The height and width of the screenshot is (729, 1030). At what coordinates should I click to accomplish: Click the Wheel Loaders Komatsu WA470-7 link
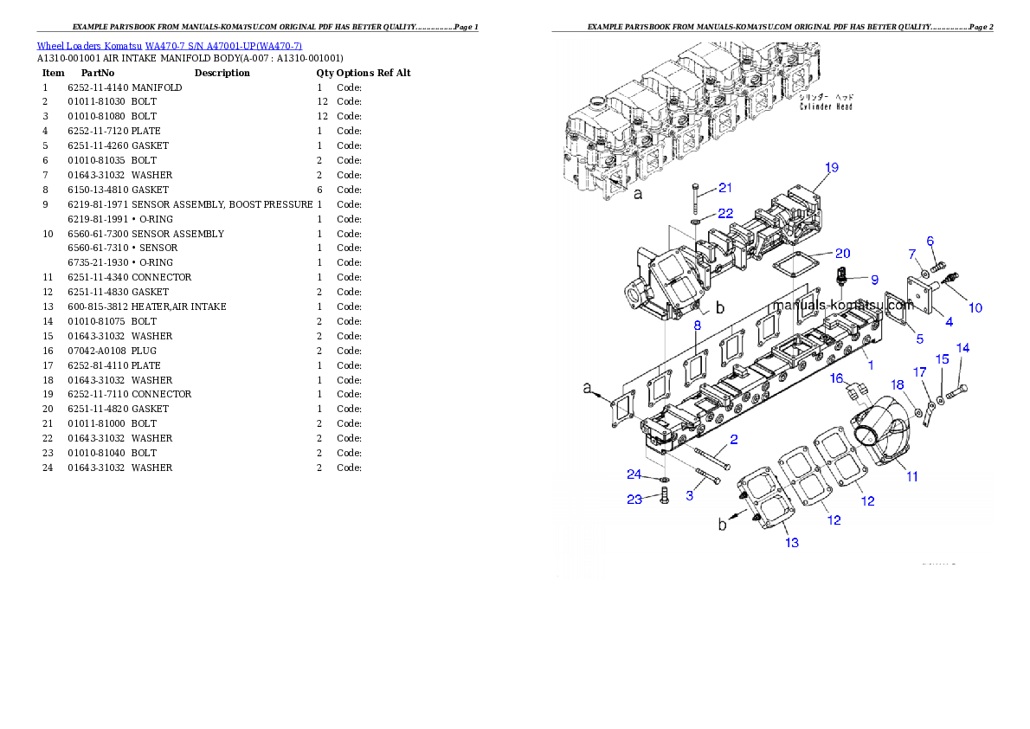pos(169,46)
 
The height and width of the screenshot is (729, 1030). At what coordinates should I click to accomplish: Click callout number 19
pos(831,167)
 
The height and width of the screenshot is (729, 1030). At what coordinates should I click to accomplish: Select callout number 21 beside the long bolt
pos(725,188)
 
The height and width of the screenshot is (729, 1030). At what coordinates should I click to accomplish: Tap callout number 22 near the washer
pos(725,214)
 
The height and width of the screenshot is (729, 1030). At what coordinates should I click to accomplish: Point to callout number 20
pos(842,253)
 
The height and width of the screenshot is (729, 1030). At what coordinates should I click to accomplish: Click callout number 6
pos(930,241)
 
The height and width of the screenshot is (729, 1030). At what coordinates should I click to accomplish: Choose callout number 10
pos(975,307)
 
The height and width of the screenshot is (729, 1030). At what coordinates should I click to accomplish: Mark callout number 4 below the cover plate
pos(949,322)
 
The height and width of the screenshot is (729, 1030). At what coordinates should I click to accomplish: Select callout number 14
pos(962,348)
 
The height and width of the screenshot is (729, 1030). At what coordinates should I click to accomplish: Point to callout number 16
pos(836,378)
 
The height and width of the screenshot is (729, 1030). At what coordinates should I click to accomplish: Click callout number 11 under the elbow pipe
pos(912,475)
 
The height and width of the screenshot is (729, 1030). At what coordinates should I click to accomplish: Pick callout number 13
pos(792,543)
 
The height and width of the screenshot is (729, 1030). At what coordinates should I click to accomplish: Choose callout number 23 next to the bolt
pos(635,499)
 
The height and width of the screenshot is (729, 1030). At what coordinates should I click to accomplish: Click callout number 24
pos(635,474)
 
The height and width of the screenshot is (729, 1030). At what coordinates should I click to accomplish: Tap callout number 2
pos(733,440)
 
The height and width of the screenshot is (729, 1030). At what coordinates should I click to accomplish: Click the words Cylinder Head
pos(825,106)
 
